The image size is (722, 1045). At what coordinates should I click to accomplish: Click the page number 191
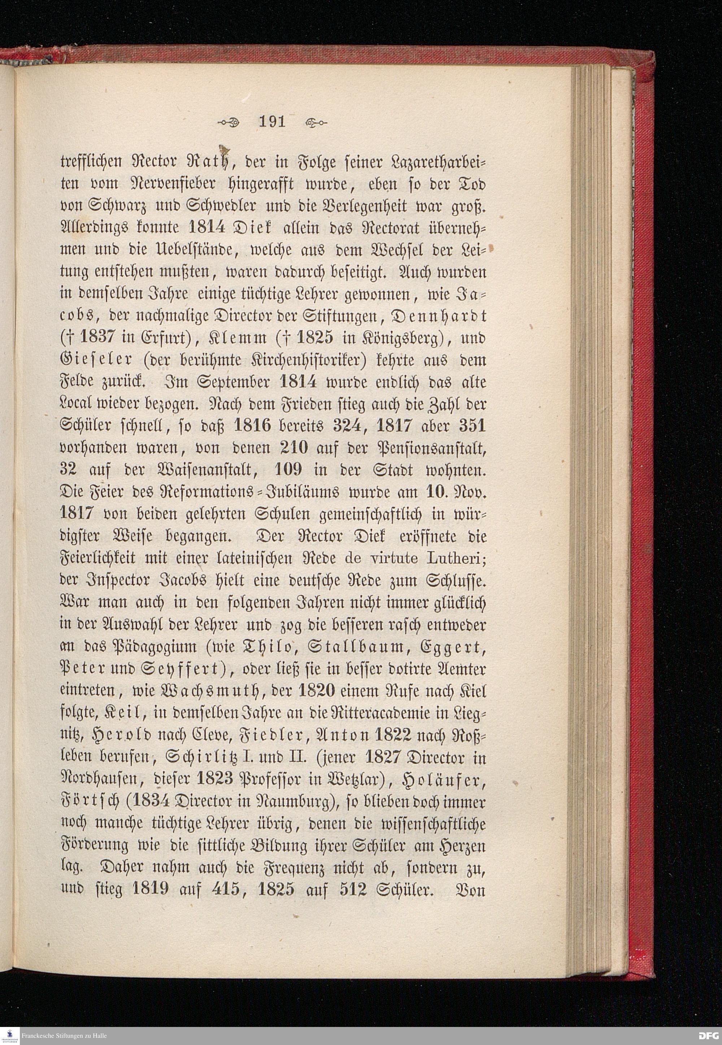(x=271, y=122)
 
